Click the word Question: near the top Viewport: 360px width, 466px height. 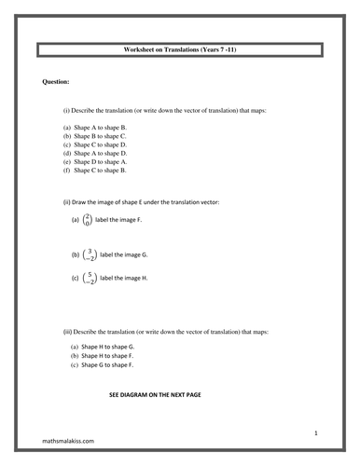point(57,82)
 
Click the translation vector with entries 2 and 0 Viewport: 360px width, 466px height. point(88,220)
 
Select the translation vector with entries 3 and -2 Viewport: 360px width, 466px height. point(90,254)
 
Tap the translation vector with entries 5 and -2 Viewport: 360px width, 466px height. point(90,278)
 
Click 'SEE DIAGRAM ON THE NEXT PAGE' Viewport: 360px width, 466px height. point(155,395)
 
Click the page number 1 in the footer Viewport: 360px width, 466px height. point(316,433)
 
